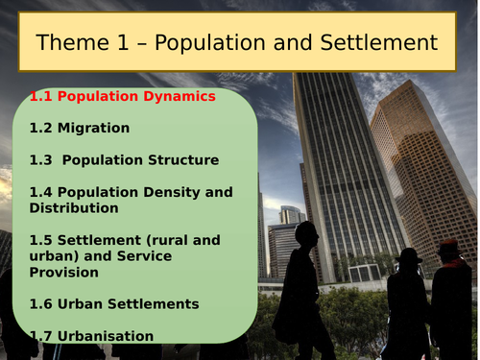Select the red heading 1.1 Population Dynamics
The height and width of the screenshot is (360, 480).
tap(122, 97)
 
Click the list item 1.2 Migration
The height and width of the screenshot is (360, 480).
tap(80, 128)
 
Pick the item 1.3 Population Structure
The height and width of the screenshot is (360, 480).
tap(124, 159)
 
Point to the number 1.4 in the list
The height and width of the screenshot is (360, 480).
tap(40, 192)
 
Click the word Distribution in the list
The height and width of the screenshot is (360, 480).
tap(74, 207)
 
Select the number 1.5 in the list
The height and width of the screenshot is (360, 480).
tap(40, 240)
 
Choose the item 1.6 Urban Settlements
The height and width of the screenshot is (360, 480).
tap(114, 304)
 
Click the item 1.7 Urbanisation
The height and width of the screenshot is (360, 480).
tap(91, 336)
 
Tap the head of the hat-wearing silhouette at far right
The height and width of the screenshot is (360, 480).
tap(448, 252)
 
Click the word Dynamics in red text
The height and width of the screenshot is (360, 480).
tap(180, 97)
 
